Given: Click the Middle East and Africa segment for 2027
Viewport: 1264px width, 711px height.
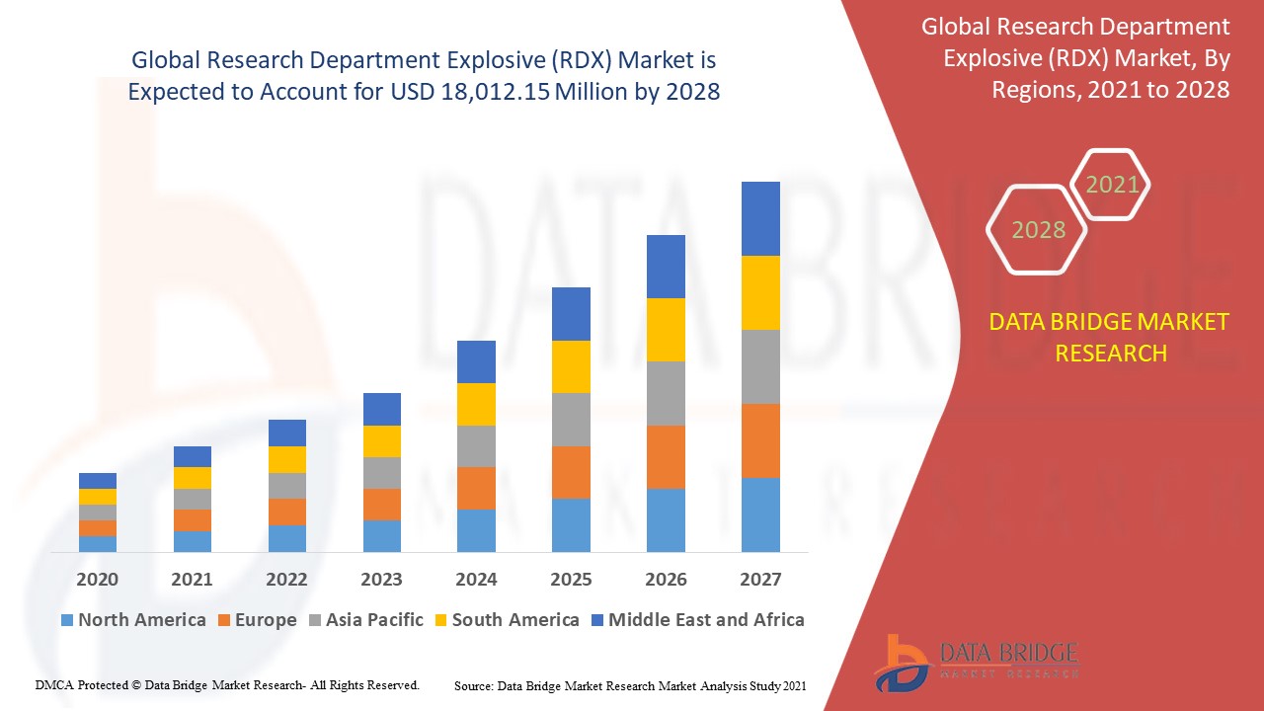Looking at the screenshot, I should (x=760, y=218).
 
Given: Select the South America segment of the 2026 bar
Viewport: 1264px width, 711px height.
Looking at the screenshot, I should (x=666, y=329).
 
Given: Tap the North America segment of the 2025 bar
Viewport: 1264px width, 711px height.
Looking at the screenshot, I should (x=571, y=524).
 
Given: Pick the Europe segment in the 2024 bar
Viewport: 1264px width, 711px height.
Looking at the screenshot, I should (x=476, y=488).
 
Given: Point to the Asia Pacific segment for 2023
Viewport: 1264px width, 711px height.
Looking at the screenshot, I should (x=382, y=472).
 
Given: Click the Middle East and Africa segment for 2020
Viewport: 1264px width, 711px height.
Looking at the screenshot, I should (x=98, y=480).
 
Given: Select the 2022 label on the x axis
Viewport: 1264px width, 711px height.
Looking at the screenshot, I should (x=286, y=579).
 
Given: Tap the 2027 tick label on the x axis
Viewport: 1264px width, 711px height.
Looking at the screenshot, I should (x=760, y=579).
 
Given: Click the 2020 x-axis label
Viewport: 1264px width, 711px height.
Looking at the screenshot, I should (x=98, y=579).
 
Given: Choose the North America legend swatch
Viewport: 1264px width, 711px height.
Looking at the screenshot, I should (x=67, y=620).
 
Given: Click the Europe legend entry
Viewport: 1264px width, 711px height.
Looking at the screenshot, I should (x=255, y=620).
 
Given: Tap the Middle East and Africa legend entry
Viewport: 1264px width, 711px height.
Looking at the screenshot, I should (x=696, y=620).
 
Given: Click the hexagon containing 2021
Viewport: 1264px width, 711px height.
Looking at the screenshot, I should (x=1111, y=184).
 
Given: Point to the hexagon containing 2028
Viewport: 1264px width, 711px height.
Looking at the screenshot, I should (x=1037, y=229).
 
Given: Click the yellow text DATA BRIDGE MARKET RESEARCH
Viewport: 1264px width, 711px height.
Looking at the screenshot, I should (x=1110, y=337).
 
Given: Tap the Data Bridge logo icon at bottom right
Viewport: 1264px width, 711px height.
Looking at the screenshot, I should (x=901, y=663).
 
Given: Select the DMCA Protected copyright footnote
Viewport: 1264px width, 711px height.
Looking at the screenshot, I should (x=227, y=684).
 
